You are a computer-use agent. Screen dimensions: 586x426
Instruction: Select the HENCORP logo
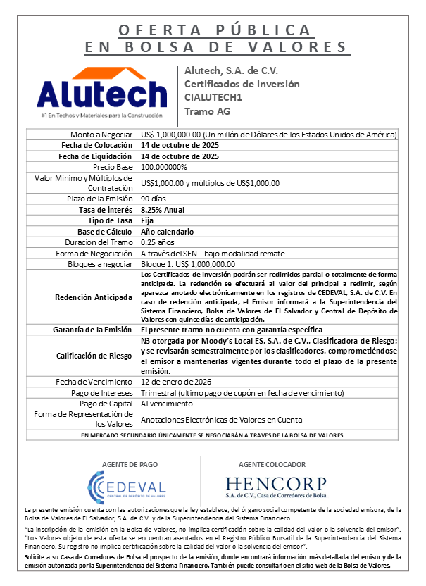pos(276,485)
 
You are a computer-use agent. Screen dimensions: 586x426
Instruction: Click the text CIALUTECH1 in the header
pos(213,97)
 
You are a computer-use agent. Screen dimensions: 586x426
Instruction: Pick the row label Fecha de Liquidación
pos(96,156)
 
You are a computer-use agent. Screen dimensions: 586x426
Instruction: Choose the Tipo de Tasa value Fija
pos(147,220)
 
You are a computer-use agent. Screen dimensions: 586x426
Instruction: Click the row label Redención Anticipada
pos(94,297)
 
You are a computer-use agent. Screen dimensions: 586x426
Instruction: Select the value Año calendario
pos(168,232)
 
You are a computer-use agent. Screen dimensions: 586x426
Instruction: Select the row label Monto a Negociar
pos(101,135)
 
